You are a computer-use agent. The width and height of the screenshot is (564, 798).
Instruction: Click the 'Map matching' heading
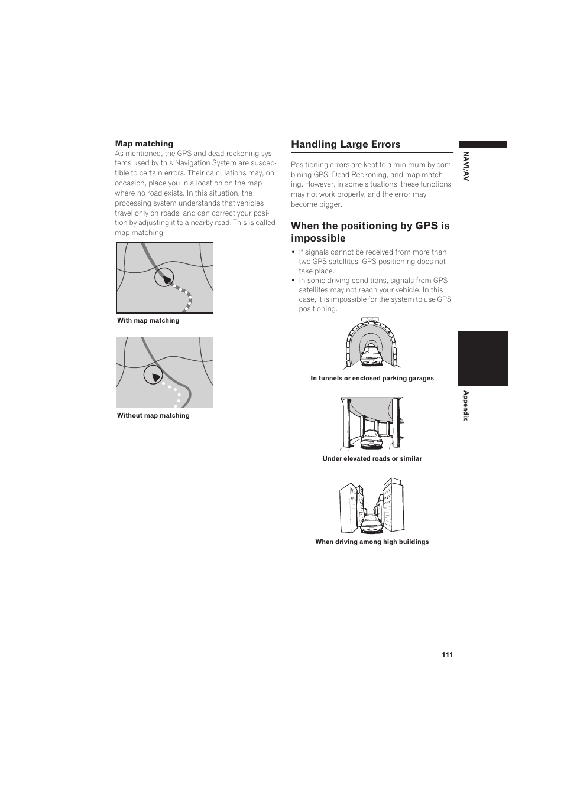(144, 144)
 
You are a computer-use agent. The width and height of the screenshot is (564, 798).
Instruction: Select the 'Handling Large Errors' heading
(345, 144)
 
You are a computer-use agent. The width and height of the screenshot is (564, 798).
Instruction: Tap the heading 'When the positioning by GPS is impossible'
(369, 232)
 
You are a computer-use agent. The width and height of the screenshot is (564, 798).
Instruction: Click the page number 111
(447, 654)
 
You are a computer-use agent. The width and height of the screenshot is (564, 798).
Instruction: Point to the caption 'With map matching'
(148, 320)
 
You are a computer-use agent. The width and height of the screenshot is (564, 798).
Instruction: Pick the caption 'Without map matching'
(153, 415)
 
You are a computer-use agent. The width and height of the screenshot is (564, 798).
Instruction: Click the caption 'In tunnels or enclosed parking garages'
(372, 378)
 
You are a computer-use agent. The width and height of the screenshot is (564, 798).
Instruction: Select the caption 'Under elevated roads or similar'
(372, 458)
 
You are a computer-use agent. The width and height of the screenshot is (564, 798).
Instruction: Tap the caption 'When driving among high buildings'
(372, 542)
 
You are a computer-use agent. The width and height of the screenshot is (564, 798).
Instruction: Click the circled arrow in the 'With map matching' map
(165, 277)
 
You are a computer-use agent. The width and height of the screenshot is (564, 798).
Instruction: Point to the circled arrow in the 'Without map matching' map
(153, 376)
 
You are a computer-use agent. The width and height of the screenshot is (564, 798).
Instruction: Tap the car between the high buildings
(371, 522)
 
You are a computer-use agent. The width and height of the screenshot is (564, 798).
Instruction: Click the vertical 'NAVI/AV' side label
(466, 167)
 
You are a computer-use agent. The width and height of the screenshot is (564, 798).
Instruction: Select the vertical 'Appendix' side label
(466, 405)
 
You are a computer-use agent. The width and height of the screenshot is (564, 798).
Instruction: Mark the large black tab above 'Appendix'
(482, 359)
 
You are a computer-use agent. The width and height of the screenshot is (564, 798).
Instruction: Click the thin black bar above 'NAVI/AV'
(482, 144)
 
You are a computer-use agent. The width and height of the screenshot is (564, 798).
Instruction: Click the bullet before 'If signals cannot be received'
(293, 252)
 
